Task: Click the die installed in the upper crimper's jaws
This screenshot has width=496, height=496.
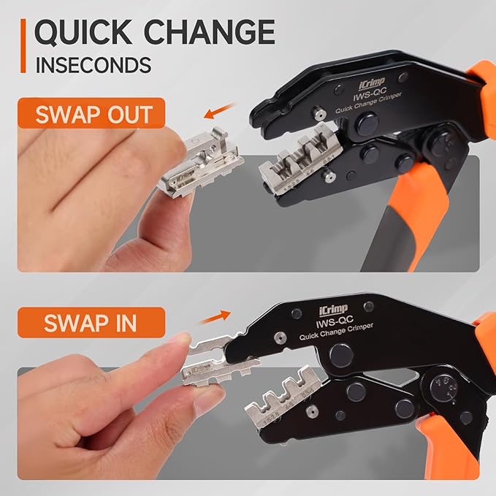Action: click(299, 159)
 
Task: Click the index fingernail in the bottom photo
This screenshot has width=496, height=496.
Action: click(180, 339)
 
